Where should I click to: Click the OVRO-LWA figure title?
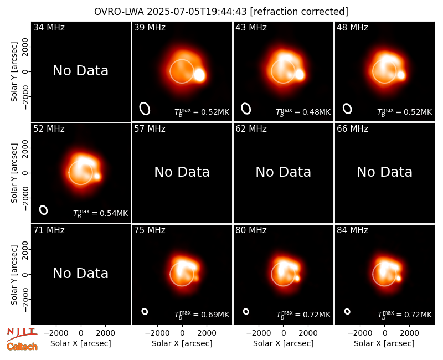[221, 12]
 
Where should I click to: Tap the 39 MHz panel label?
[150, 27]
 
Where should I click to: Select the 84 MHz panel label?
[352, 230]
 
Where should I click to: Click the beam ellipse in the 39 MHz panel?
[145, 109]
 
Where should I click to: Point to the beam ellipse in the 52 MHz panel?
[43, 210]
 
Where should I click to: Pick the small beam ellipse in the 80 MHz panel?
[246, 311]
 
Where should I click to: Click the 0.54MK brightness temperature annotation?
[101, 213]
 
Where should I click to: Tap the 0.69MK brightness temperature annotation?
[202, 315]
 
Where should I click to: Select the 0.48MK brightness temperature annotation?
[303, 112]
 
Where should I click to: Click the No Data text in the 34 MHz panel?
[81, 71]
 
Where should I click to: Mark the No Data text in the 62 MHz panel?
[284, 172]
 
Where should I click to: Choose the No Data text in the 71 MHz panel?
[81, 273]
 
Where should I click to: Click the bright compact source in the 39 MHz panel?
[199, 75]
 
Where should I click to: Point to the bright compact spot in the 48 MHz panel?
[401, 75]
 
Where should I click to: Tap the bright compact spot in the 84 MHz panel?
[399, 279]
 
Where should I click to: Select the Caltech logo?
[22, 347]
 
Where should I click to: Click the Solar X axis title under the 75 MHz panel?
[182, 343]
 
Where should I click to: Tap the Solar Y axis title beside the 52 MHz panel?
[14, 173]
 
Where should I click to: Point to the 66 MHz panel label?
[352, 129]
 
